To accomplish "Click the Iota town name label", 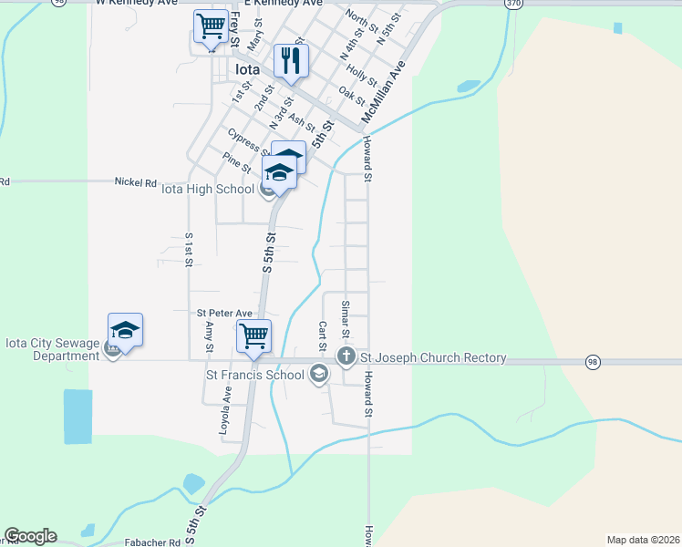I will (x=247, y=69).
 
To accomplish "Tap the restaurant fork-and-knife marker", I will (x=291, y=62).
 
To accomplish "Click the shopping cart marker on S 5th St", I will (x=253, y=335).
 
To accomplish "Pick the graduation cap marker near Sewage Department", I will (x=125, y=330).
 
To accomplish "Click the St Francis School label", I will (x=255, y=374).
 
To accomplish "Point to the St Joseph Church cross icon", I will (x=346, y=356).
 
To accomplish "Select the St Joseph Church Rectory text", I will (x=432, y=357).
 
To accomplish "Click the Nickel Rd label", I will (x=136, y=182).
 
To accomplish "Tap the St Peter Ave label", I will (x=224, y=314).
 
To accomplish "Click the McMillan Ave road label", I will (x=383, y=93).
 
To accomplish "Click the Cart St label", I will (x=322, y=335).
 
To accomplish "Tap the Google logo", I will (x=30, y=536).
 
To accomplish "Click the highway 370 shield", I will (x=514, y=4).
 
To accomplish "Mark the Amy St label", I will (x=209, y=336).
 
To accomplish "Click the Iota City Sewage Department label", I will (x=52, y=349).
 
